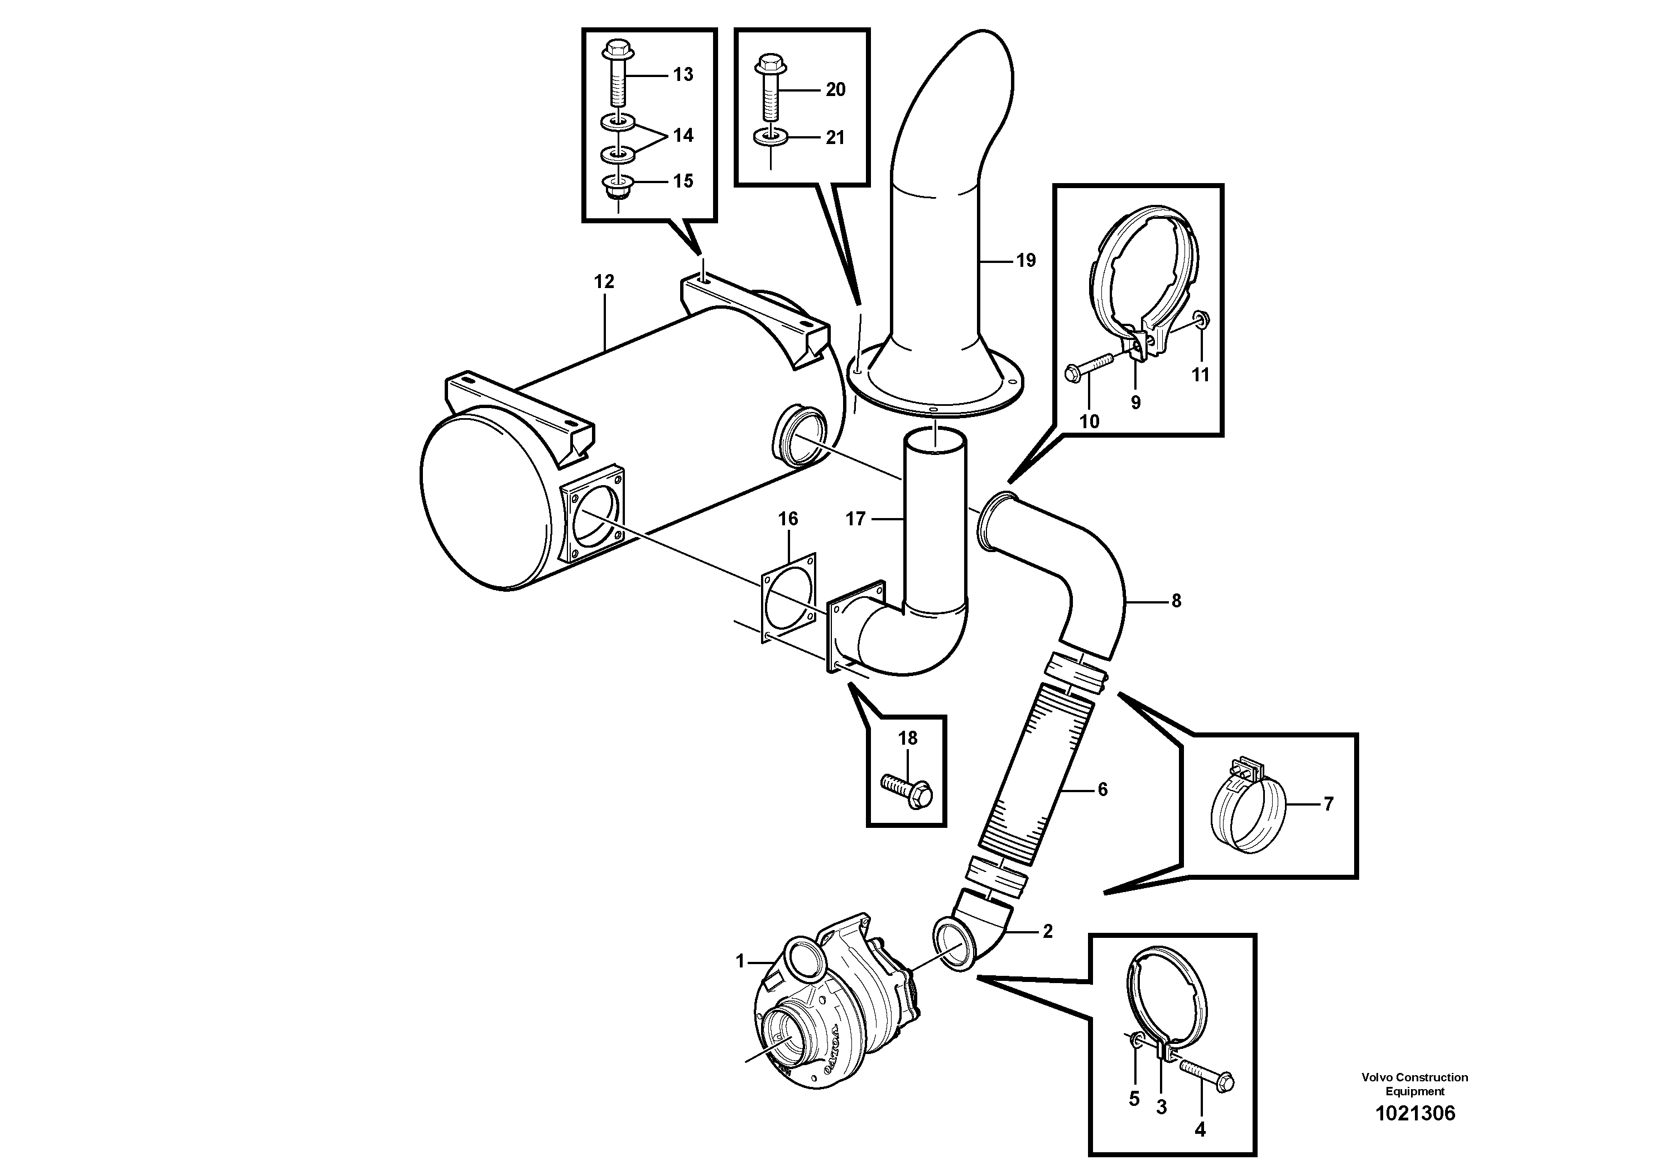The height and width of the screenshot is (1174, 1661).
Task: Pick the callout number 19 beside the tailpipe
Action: [1026, 261]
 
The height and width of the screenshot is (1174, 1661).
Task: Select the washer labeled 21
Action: [771, 137]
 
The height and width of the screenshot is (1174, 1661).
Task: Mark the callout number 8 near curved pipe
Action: [1176, 600]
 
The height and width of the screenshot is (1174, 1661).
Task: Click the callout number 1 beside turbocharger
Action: [739, 961]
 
